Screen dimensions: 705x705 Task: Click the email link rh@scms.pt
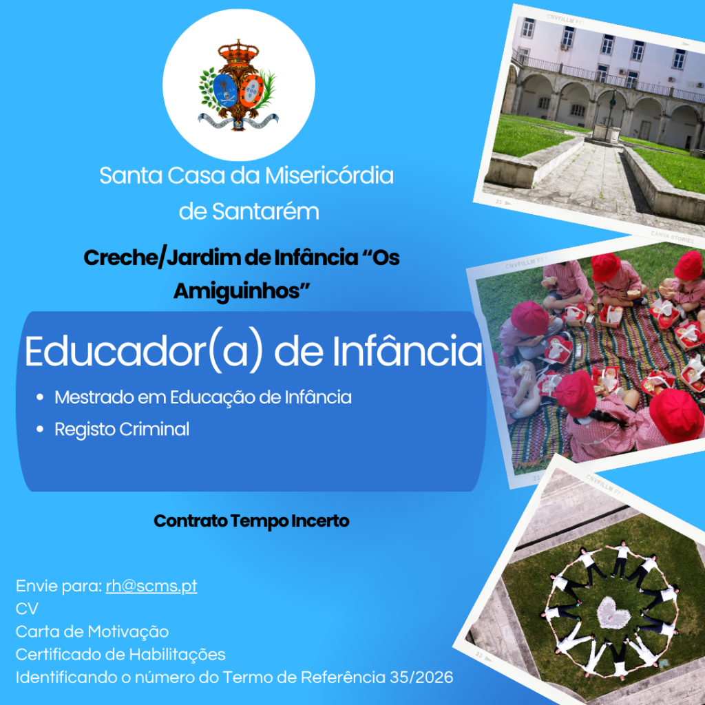click(x=151, y=587)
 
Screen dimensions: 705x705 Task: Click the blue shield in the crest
click(x=225, y=90)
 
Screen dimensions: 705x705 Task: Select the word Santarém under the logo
click(x=266, y=211)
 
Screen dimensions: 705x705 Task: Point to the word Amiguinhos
click(x=242, y=291)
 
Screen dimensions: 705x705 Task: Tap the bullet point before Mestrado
click(x=40, y=397)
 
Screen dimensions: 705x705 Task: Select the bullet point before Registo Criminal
click(x=40, y=430)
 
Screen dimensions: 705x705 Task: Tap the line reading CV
click(x=27, y=609)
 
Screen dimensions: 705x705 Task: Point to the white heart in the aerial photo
click(x=613, y=612)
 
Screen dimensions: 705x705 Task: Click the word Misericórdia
click(x=329, y=176)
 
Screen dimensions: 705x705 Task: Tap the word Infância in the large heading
click(x=408, y=351)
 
